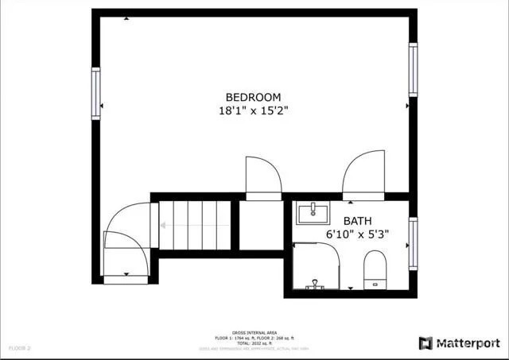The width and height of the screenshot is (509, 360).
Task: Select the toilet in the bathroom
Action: [x=374, y=267]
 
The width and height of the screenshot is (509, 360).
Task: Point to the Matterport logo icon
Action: [x=425, y=343]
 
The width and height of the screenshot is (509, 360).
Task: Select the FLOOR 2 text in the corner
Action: [x=19, y=348]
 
